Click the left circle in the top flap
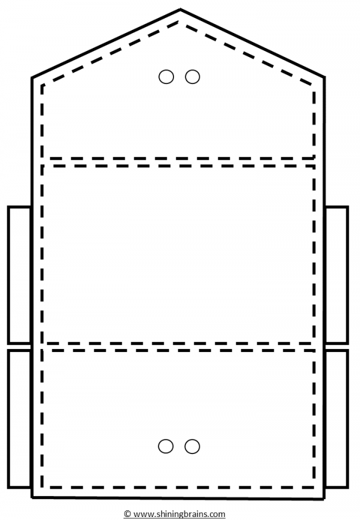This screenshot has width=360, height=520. [166, 77]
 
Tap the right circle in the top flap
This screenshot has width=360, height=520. [193, 77]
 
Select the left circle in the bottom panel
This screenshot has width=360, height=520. [166, 446]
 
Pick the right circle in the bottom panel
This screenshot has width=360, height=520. [192, 446]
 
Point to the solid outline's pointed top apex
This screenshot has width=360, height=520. [180, 9]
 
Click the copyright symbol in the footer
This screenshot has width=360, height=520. [127, 514]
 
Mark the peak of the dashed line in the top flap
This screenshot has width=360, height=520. [179, 22]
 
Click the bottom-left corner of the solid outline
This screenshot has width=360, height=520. [32, 497]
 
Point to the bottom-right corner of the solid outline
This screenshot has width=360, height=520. [324, 498]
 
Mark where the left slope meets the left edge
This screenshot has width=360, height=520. [32, 78]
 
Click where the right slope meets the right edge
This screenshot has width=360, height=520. [324, 77]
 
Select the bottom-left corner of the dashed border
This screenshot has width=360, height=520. [42, 487]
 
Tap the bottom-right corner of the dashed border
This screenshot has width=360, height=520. [314, 487]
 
